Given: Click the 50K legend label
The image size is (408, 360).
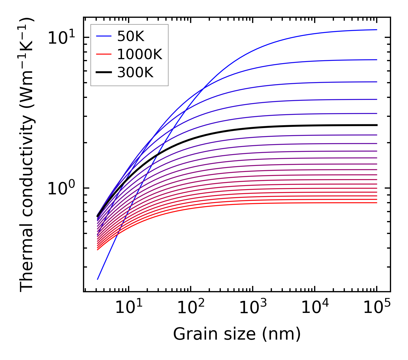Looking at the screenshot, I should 130,36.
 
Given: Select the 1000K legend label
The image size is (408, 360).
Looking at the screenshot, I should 140,54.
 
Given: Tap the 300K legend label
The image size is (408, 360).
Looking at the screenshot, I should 135,73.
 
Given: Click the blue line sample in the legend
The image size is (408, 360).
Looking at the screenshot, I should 103,36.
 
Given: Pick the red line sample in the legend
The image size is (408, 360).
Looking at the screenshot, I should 103,54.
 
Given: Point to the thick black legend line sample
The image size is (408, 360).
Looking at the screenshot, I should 103,73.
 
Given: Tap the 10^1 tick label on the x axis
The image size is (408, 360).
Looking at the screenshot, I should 128,308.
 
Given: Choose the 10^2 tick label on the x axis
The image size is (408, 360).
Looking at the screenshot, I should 190,308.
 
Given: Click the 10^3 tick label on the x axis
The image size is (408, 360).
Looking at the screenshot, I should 252,308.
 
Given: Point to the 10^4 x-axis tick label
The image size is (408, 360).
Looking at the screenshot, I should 314,308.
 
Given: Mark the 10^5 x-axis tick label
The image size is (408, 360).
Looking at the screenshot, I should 376,308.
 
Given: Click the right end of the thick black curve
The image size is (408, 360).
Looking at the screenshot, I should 376,125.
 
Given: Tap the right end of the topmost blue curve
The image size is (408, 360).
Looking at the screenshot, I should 376,30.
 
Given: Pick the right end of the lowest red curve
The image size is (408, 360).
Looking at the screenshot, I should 376,203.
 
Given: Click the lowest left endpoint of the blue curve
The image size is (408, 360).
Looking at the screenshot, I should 98,279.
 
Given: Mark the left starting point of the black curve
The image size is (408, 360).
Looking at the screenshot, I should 98,216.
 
